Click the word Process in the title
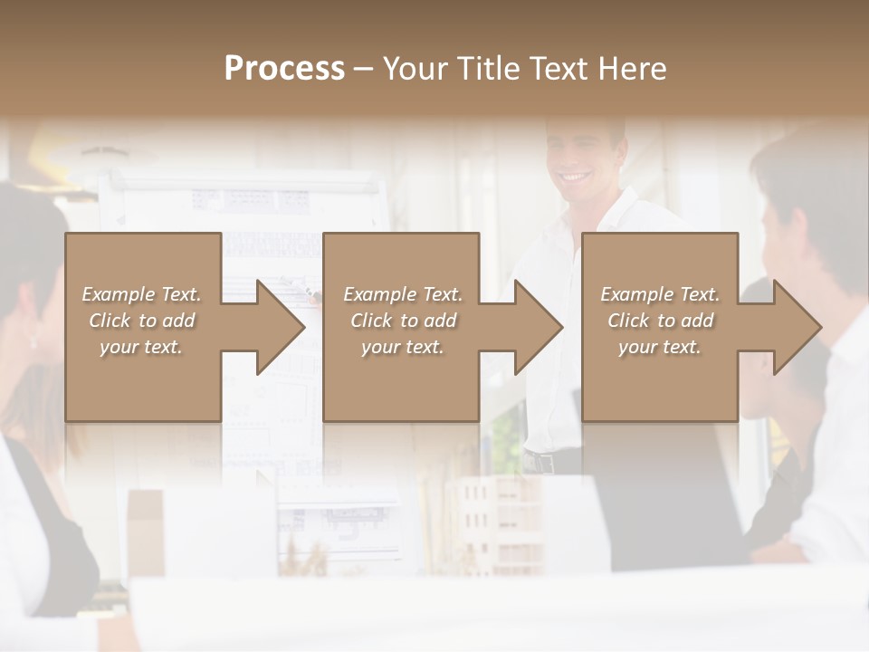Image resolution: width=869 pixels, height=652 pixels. pyautogui.click(x=284, y=69)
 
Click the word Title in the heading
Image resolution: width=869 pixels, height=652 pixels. pyautogui.click(x=487, y=69)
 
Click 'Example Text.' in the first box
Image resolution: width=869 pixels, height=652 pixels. pyautogui.click(x=141, y=294)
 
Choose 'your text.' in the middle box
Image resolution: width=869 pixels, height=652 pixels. pyautogui.click(x=402, y=347)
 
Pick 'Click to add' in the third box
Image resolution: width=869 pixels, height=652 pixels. pyautogui.click(x=660, y=321)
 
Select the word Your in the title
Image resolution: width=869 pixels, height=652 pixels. pyautogui.click(x=413, y=69)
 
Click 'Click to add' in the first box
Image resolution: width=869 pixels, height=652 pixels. pyautogui.click(x=141, y=321)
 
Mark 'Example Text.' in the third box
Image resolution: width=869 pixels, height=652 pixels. pyautogui.click(x=660, y=294)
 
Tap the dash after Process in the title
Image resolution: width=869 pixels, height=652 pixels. pyautogui.click(x=363, y=69)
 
